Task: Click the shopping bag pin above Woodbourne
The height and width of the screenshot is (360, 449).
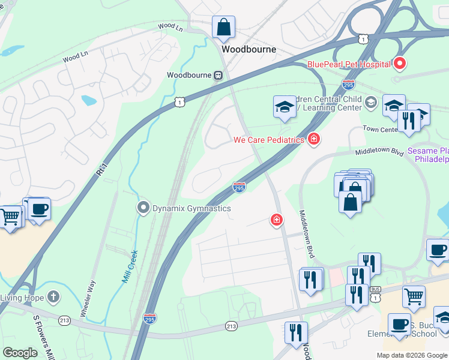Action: pyautogui.click(x=223, y=27)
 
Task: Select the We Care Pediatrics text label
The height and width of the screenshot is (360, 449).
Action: pyautogui.click(x=269, y=140)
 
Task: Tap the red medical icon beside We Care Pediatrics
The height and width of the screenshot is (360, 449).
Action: pyautogui.click(x=313, y=140)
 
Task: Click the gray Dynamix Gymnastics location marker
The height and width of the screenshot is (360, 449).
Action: pyautogui.click(x=143, y=208)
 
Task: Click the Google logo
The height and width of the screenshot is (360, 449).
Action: pyautogui.click(x=20, y=353)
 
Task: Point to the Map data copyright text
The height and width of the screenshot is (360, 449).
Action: pyautogui.click(x=412, y=355)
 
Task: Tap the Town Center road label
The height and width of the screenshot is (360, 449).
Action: pyautogui.click(x=381, y=129)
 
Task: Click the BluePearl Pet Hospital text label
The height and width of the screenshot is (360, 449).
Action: pyautogui.click(x=348, y=64)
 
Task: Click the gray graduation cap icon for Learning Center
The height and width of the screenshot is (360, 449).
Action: pyautogui.click(x=370, y=102)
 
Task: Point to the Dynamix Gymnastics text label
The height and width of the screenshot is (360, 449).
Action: pyautogui.click(x=191, y=208)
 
